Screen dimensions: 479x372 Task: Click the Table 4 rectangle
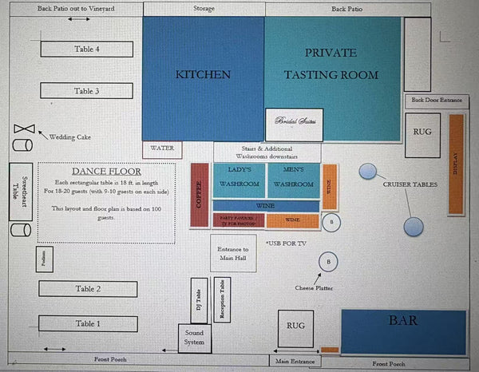coord(86,49)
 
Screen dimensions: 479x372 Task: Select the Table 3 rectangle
coord(86,91)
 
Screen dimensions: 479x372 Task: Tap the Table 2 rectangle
coord(87,289)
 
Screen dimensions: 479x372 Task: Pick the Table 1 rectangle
coord(87,323)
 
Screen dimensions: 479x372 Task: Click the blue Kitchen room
coord(203,75)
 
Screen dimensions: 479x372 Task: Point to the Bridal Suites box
coord(295,124)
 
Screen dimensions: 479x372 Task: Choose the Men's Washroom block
coord(292,177)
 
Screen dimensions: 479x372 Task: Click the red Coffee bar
coord(200,196)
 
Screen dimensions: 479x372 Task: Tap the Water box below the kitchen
coord(162,148)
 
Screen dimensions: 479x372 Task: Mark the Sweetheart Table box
coord(19,192)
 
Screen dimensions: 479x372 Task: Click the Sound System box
coord(195,338)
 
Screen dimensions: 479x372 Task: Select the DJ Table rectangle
coord(199,300)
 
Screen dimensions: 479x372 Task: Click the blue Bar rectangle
coord(403,331)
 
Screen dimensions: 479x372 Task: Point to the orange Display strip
coord(456,164)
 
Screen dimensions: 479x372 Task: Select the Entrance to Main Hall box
coord(233,254)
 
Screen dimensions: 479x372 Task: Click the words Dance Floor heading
coord(106,171)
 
